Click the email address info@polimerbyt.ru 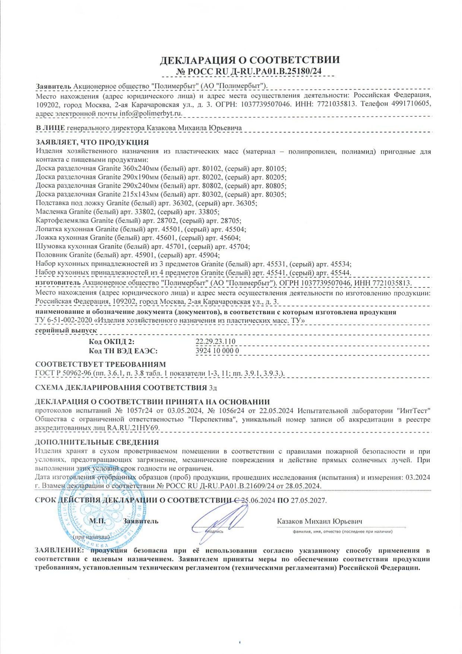coord(151,113)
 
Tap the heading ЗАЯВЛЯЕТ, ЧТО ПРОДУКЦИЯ coord(92,142)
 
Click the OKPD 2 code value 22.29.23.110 coord(215,341)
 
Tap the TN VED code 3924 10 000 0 coord(217,351)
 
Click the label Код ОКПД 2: coord(111,342)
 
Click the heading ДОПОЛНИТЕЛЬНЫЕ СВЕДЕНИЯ coord(96,442)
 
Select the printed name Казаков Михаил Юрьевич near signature coord(319,521)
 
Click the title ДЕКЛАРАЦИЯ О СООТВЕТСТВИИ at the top coord(250,60)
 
